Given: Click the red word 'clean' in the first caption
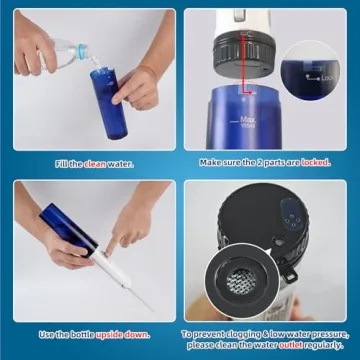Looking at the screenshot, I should [93, 163].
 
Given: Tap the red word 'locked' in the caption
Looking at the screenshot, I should [315, 162].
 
